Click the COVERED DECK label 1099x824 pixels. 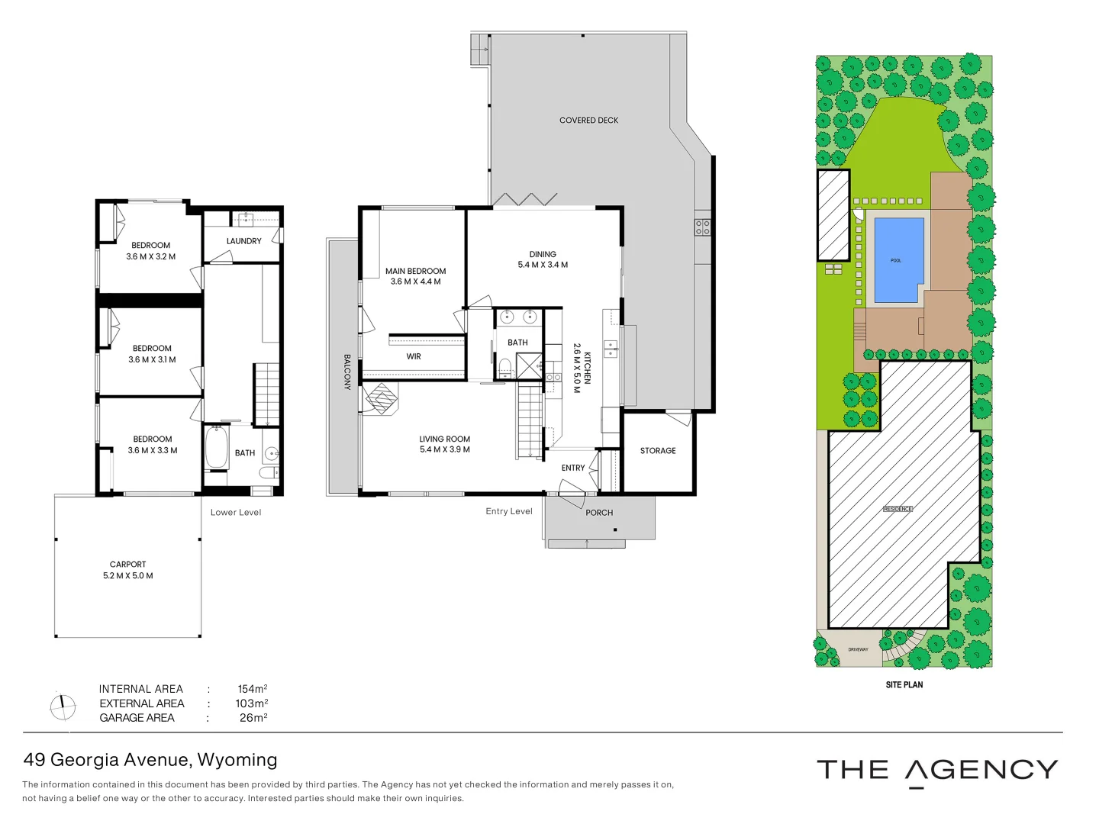(x=588, y=121)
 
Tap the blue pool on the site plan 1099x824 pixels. (x=898, y=260)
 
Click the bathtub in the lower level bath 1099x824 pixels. (x=217, y=448)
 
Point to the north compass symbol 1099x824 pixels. (x=63, y=707)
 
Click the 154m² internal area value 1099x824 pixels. (x=252, y=689)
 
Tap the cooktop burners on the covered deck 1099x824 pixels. (x=702, y=227)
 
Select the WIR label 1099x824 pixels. (x=414, y=356)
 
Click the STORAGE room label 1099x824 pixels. (x=658, y=451)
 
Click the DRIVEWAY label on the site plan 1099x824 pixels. (x=858, y=649)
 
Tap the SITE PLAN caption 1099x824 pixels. (x=904, y=685)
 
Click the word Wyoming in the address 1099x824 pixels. (x=237, y=760)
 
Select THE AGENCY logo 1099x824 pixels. (x=937, y=771)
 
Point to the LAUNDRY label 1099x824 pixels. (x=243, y=241)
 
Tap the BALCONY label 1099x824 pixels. (x=346, y=372)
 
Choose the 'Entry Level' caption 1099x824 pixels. (x=509, y=511)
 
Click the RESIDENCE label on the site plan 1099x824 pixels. (x=898, y=509)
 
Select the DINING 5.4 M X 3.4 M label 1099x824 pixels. (x=543, y=259)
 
